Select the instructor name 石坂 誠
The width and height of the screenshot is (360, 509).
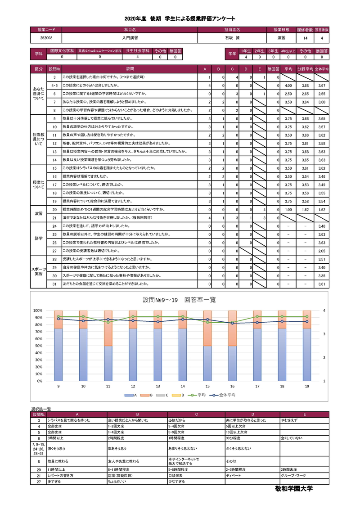pos(232,38)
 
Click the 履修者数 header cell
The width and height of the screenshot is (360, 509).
pos(305,30)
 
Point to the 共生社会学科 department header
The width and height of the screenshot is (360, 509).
pos(138,51)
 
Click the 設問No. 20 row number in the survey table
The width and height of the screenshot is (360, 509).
pos(54,210)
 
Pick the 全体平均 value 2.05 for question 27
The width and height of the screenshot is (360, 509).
pos(321,251)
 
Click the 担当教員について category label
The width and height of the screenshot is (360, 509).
pos(39,139)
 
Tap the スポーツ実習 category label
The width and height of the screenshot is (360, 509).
pos(39,271)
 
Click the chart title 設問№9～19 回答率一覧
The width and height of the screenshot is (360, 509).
pos(180,300)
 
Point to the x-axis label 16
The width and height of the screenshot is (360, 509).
pos(232,386)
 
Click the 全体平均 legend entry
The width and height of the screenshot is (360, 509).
pos(226,395)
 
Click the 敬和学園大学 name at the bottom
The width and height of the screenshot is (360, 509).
pos(293,488)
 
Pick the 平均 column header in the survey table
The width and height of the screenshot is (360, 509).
pos(288,69)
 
